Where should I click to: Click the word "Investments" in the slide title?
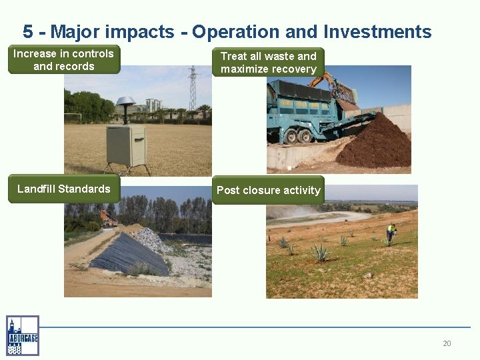(x=377, y=31)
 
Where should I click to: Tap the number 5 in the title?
(x=27, y=31)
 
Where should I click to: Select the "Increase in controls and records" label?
(x=64, y=60)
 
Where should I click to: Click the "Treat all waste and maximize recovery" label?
(x=268, y=63)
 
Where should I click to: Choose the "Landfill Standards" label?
(x=64, y=189)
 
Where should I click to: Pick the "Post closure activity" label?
(x=268, y=191)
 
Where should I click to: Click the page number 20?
(x=447, y=343)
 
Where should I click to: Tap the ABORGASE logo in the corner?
(x=23, y=335)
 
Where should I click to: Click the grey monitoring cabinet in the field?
(x=126, y=145)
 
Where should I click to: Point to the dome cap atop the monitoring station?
(x=125, y=101)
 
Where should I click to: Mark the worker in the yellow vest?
(x=391, y=231)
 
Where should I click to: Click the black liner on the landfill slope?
(x=130, y=253)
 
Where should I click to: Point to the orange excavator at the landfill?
(x=106, y=217)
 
